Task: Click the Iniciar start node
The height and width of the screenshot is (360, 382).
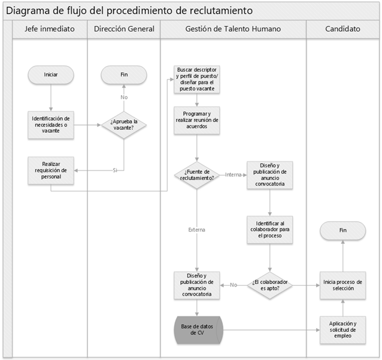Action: pyautogui.click(x=51, y=75)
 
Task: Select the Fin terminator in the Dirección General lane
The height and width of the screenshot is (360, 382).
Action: pyautogui.click(x=124, y=75)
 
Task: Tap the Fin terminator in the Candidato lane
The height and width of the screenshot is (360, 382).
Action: pyautogui.click(x=342, y=230)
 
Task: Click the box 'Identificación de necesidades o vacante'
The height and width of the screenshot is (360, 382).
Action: pyautogui.click(x=51, y=125)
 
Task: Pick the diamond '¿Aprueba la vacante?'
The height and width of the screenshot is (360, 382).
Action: pyautogui.click(x=124, y=124)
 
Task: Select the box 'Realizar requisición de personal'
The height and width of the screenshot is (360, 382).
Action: pyautogui.click(x=51, y=170)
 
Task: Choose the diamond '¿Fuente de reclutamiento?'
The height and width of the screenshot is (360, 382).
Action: pyautogui.click(x=197, y=175)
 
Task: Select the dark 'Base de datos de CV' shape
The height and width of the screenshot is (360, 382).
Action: pyautogui.click(x=197, y=329)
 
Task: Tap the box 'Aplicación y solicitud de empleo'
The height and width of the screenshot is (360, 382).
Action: pyautogui.click(x=342, y=329)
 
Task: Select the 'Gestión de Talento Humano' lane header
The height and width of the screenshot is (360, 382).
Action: pyautogui.click(x=233, y=29)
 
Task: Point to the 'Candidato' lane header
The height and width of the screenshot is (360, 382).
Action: pyautogui.click(x=342, y=29)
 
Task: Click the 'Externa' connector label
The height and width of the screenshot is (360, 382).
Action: pyautogui.click(x=197, y=229)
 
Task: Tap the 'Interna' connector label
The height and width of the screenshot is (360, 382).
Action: pyautogui.click(x=233, y=175)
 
